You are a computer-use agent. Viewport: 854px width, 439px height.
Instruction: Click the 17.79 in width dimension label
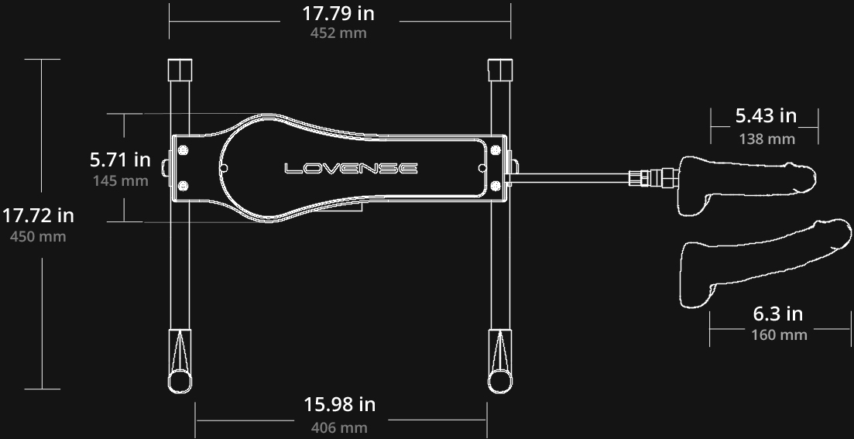[x=338, y=13]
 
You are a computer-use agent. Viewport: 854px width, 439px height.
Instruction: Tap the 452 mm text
[x=338, y=33]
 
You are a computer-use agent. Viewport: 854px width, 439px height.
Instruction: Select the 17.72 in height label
[x=38, y=215]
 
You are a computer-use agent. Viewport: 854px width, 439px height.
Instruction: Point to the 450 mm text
[x=38, y=236]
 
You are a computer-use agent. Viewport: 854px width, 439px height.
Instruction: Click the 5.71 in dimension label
[x=120, y=159]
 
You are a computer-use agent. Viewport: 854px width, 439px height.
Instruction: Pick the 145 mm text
[x=120, y=180]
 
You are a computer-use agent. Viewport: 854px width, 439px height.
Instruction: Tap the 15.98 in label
[x=339, y=404]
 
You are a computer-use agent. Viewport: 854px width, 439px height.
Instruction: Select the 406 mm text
[x=339, y=427]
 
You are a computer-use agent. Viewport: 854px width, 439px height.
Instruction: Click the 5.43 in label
[x=766, y=115]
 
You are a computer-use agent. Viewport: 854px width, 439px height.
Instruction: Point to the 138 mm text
[x=767, y=139]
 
